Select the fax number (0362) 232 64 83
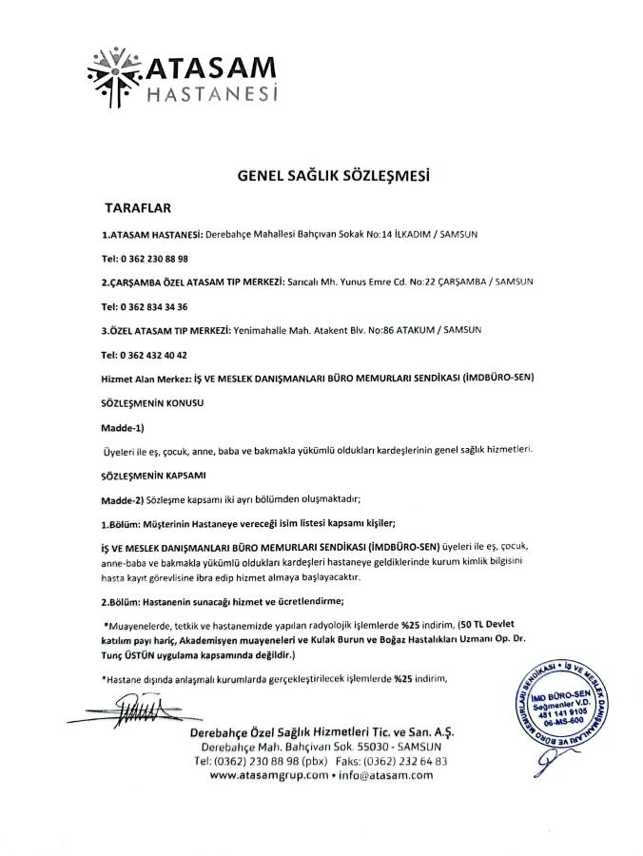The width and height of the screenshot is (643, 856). click(411, 761)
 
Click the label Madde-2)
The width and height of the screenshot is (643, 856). click(122, 498)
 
